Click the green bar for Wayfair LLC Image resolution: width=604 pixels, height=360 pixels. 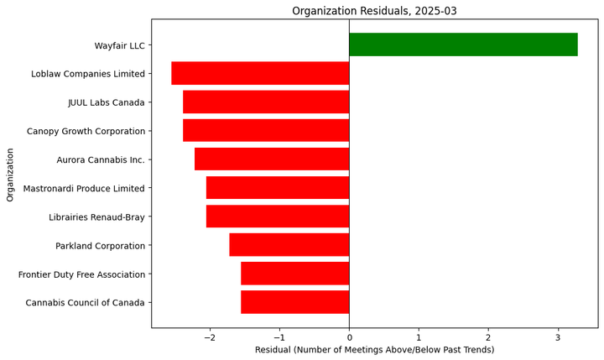coord(463,44)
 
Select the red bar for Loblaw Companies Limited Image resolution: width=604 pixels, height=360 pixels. coord(260,73)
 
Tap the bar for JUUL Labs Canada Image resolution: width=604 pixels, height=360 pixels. coord(266,102)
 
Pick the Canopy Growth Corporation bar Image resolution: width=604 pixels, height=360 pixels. coord(266,131)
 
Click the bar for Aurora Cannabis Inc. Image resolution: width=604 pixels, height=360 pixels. coord(272,159)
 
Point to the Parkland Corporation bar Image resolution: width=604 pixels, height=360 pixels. coord(289,245)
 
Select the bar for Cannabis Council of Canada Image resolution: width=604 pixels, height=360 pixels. coord(294,302)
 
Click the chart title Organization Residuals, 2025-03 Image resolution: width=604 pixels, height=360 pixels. coord(374,11)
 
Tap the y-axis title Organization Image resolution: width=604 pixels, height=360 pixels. coord(11,175)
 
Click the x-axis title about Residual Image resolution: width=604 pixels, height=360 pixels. coord(374,350)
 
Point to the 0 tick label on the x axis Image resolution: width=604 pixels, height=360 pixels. coord(349,337)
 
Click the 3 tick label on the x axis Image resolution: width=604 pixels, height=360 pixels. coord(558,337)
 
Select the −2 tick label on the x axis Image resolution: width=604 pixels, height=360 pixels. coord(210,337)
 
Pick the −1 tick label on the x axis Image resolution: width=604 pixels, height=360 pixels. coord(279,337)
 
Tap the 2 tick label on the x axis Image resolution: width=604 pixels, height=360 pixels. coord(488,337)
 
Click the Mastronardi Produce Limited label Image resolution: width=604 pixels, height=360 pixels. coord(84,189)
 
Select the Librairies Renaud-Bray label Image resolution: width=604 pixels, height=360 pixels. coord(96,217)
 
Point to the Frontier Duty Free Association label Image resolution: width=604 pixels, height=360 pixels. coord(81,274)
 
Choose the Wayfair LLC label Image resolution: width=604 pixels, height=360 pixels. coord(119,45)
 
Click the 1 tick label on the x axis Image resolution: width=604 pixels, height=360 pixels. coord(419,337)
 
